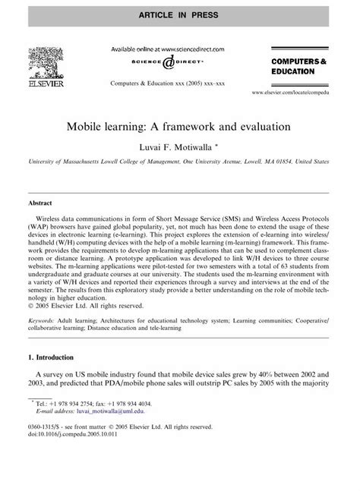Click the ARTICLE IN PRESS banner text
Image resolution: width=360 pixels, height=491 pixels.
click(179, 13)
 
